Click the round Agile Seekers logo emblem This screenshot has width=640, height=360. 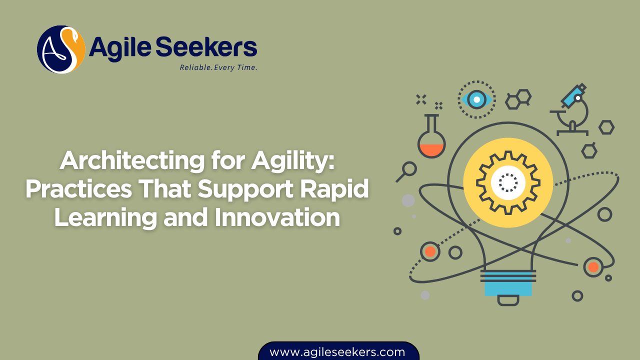61,49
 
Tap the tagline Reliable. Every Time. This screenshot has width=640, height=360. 218,67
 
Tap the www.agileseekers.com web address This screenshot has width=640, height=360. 337,352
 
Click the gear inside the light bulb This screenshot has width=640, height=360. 508,182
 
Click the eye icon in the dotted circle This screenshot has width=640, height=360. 476,99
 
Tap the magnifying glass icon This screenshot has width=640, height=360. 407,171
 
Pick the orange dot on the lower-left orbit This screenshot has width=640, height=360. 430,251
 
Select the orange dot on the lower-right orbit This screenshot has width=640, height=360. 593,267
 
